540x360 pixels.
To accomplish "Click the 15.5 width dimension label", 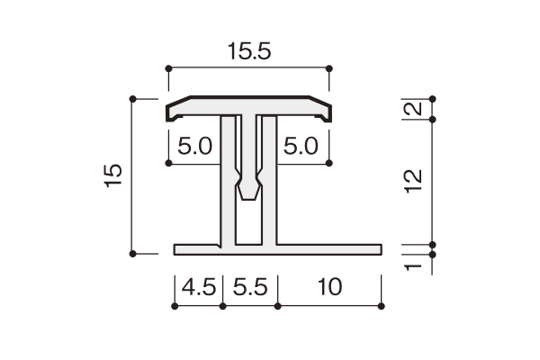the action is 249,51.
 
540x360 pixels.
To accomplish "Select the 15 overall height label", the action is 113,175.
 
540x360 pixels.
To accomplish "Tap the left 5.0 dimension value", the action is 195,146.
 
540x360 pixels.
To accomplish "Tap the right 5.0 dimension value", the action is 301,146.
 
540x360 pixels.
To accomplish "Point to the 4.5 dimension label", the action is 199,287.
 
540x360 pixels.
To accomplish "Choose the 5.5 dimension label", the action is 250,287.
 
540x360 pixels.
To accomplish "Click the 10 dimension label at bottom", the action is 329,287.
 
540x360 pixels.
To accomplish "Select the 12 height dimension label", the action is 413,181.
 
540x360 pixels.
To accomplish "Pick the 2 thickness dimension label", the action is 413,109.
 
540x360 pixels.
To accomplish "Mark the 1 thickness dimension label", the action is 413,267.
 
